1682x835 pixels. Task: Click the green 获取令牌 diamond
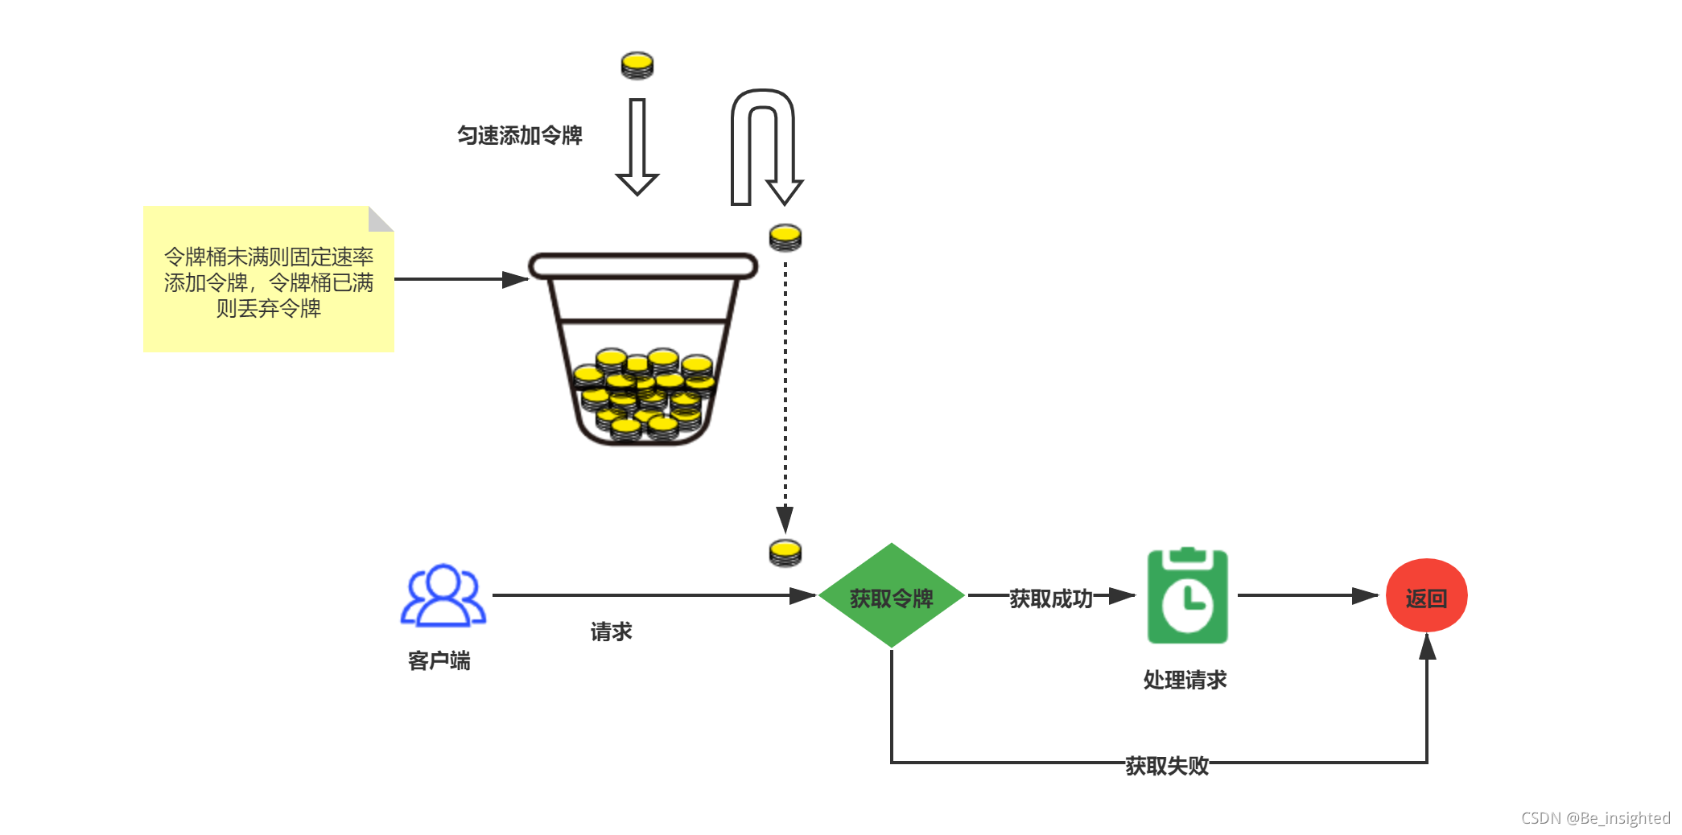click(891, 596)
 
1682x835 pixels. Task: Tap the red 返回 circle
click(1426, 596)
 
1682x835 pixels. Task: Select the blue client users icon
click(443, 595)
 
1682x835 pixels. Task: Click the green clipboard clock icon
click(1187, 596)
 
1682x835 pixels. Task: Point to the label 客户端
click(439, 661)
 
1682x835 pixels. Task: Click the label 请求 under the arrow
click(611, 632)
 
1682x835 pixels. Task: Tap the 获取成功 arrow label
click(1050, 598)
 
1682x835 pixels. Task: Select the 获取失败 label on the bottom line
click(1166, 766)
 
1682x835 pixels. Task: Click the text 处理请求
click(1185, 681)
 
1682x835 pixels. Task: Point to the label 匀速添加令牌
click(519, 135)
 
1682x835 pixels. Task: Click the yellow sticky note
click(268, 282)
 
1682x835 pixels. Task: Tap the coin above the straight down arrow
click(637, 65)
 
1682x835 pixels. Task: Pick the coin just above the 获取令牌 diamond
click(785, 553)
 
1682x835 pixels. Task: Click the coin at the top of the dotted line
click(785, 237)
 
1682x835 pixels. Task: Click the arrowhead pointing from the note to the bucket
click(515, 279)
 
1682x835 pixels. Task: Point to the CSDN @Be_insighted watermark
click(1595, 818)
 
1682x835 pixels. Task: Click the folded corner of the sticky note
click(379, 218)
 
